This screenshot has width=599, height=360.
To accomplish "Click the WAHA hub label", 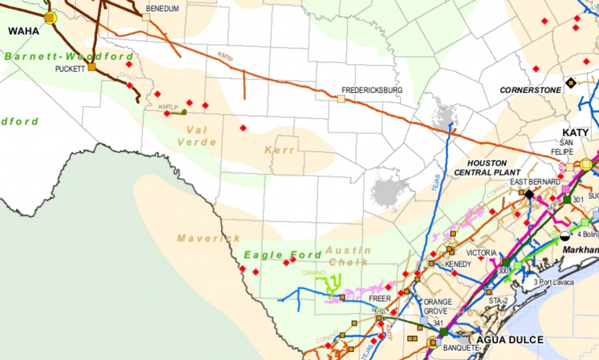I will tap(23, 31).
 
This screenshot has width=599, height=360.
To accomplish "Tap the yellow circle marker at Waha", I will tap(50, 18).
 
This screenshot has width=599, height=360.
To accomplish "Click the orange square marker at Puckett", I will tap(92, 67).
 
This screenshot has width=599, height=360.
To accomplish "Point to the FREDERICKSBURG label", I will tap(373, 90).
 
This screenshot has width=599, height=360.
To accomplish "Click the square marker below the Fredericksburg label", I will tap(340, 99).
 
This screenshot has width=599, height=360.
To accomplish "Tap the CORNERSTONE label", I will tap(531, 90).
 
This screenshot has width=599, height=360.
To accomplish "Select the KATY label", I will tap(575, 133).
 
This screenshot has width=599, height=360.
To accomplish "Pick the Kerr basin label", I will tap(280, 150).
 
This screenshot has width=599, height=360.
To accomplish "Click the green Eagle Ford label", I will tap(283, 255).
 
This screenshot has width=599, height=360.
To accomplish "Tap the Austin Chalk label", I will tap(347, 256).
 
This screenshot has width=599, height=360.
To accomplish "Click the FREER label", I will tap(380, 299).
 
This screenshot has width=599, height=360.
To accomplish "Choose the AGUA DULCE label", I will tap(511, 340).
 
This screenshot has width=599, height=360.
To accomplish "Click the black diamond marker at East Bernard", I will tap(529, 193).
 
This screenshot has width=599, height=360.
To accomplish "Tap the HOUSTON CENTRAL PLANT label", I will tap(487, 167).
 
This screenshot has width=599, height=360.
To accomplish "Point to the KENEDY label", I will tap(458, 264).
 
